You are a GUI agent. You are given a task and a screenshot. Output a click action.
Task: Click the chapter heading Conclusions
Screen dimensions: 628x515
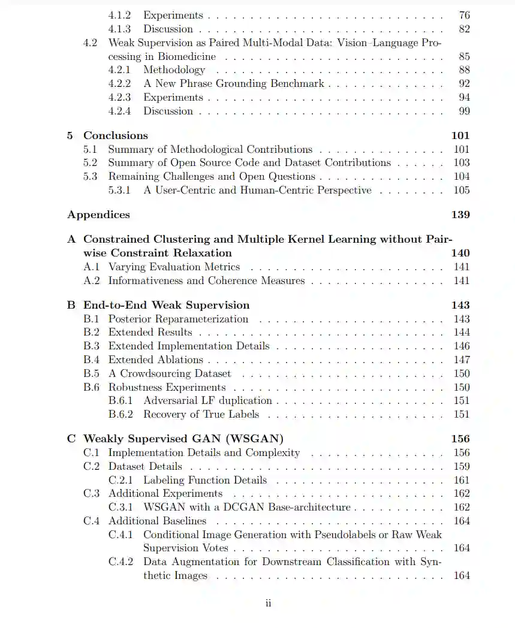coord(115,135)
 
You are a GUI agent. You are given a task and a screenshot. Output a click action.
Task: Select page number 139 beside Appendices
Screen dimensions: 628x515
coord(460,215)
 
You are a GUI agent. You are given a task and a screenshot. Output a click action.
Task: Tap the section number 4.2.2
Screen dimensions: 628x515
coord(119,83)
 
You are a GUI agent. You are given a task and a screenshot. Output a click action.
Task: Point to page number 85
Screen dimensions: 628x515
coord(464,57)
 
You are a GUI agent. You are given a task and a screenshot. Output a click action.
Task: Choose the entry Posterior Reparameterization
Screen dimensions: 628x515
coord(178,319)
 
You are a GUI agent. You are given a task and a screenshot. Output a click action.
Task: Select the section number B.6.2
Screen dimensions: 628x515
coord(121,414)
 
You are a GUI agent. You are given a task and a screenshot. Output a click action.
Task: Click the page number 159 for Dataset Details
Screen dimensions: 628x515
coord(462,466)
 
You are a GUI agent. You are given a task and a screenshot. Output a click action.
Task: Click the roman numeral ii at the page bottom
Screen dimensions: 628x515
coord(268,603)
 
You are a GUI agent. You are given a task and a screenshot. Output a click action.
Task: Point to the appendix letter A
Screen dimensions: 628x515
coord(72,239)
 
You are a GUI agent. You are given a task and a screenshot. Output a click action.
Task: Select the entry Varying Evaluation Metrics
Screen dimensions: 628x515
coord(174,267)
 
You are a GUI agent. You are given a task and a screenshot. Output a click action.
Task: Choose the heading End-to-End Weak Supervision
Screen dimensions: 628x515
coord(166,305)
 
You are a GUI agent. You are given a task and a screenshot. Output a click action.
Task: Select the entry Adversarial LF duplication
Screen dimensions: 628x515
coord(207,400)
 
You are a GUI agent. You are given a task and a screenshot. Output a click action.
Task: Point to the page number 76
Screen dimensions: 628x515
coord(464,16)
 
